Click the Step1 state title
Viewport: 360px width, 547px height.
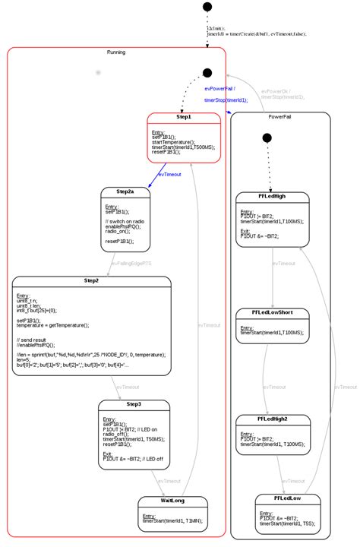click(x=185, y=118)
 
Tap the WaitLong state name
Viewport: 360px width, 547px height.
click(x=172, y=501)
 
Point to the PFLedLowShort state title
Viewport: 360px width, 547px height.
click(x=272, y=312)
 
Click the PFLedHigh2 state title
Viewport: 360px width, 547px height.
click(x=272, y=419)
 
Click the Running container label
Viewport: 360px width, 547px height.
click(x=116, y=52)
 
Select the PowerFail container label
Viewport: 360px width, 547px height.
click(x=281, y=116)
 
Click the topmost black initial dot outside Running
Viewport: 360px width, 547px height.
click(x=207, y=8)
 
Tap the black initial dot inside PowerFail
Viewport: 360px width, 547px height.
click(x=266, y=138)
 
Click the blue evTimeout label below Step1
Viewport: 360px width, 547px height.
click(x=169, y=175)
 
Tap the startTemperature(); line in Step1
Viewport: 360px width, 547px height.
click(x=173, y=141)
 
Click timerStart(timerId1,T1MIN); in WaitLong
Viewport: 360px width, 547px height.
click(x=172, y=521)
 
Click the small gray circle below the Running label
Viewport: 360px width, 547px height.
click(x=97, y=72)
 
